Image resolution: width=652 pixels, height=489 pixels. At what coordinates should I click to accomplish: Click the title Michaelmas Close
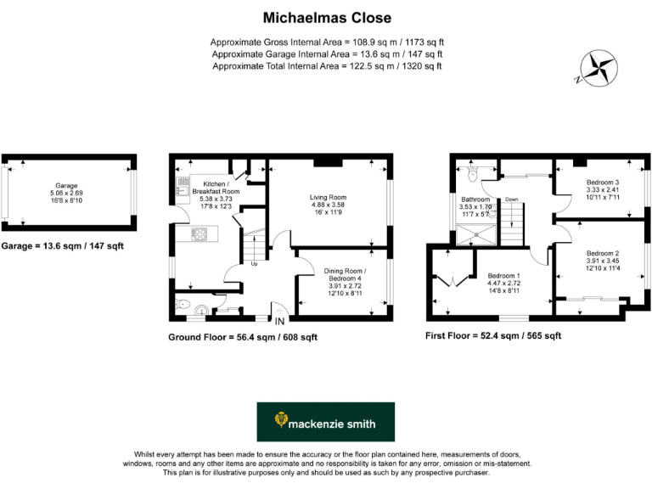[326, 17]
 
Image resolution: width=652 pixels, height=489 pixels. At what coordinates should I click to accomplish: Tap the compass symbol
[598, 67]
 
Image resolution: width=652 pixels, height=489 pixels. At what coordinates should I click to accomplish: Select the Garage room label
[67, 185]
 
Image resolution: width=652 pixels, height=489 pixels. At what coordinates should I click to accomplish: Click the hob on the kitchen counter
[200, 233]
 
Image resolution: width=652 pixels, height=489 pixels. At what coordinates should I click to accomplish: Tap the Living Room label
[328, 198]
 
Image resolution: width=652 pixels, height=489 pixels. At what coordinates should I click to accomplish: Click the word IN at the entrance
[279, 320]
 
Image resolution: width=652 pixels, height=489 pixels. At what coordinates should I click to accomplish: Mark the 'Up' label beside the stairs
[253, 262]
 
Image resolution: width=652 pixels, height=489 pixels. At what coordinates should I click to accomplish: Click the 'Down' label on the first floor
[511, 200]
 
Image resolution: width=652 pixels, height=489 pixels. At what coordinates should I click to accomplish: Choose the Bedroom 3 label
[602, 183]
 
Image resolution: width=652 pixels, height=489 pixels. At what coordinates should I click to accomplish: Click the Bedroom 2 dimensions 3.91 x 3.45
[602, 261]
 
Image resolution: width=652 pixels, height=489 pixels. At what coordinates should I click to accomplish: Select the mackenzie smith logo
[325, 422]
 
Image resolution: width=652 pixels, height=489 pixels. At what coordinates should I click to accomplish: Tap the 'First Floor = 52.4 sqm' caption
[492, 336]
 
